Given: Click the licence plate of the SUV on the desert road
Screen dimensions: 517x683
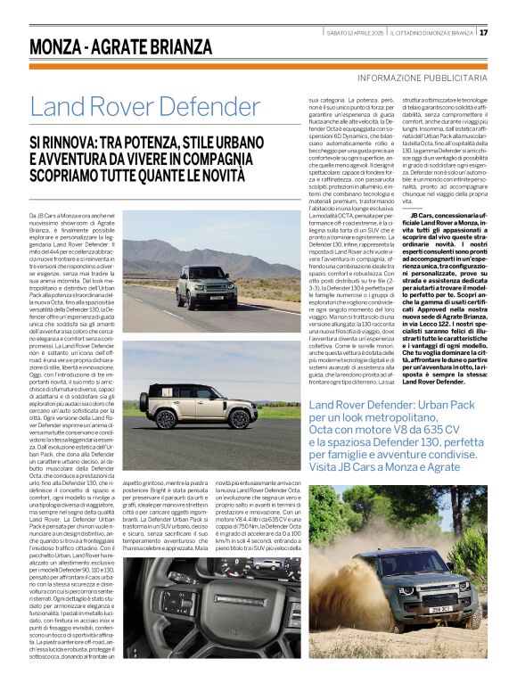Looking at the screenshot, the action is [216, 298].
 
